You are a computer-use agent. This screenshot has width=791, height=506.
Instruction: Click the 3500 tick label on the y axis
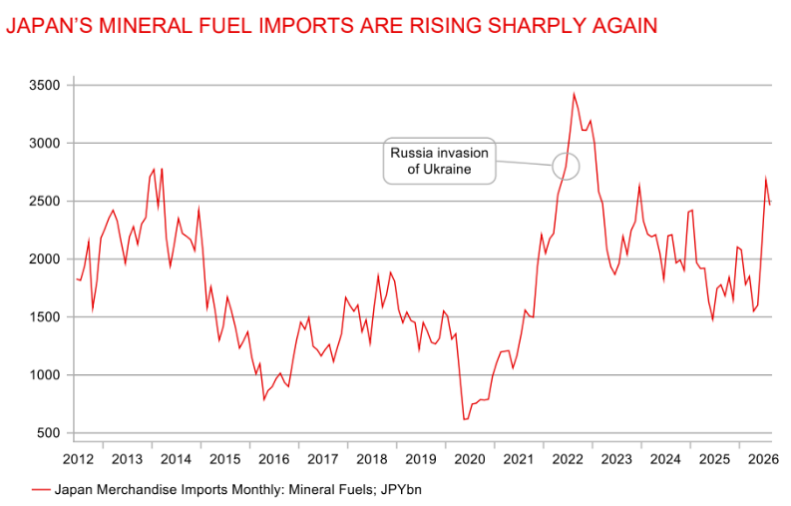45,86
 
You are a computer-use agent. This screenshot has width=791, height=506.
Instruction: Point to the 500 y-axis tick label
49,433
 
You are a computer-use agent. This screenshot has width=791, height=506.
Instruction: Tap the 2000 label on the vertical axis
45,259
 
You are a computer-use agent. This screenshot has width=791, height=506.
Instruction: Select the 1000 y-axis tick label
45,375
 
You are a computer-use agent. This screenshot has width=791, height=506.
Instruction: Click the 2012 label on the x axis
78,459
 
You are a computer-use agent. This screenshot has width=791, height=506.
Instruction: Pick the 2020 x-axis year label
470,459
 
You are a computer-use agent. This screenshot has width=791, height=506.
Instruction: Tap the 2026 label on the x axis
763,459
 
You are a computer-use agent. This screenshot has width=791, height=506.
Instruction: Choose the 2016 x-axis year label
274,459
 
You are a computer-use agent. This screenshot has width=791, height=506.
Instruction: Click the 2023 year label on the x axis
616,459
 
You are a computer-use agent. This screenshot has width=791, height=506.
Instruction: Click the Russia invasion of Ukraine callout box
439,161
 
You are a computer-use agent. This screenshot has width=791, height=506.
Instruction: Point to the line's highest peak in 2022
575,94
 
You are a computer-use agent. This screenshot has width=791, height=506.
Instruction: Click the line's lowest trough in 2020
465,419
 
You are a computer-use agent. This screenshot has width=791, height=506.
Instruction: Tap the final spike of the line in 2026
766,178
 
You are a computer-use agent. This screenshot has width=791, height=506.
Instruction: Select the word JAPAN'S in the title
50,25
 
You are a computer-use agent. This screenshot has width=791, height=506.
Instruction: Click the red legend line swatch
41,490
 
